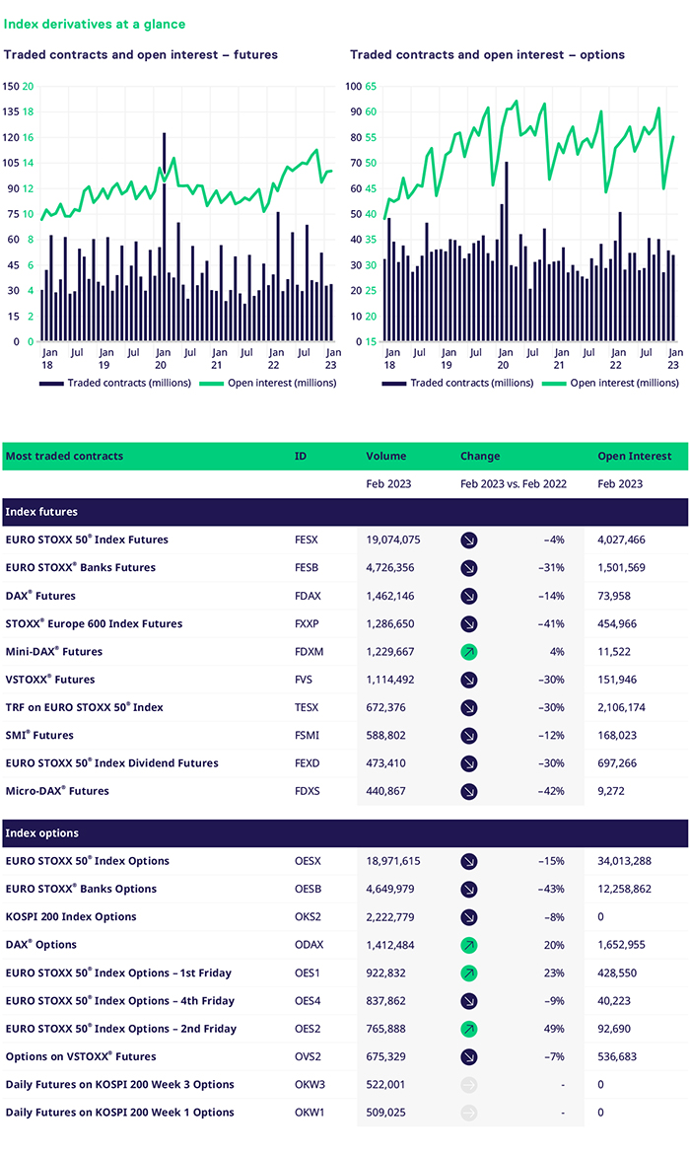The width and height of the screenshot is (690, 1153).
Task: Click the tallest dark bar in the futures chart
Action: coord(164,237)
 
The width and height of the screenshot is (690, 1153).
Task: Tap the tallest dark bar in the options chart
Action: coord(507,252)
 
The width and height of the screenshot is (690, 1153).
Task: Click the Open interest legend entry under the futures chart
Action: coord(268,383)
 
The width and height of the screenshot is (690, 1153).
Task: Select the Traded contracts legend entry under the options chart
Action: coord(457,383)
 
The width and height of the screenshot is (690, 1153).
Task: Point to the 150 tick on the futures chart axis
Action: coord(11,86)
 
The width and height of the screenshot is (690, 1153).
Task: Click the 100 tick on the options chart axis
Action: coord(354,86)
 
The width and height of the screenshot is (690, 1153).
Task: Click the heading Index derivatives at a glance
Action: coord(95,25)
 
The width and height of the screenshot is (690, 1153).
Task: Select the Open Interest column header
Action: coord(634,456)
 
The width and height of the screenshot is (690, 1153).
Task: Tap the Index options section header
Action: coord(41,833)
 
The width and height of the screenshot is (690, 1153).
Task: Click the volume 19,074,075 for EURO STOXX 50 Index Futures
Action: coord(393,540)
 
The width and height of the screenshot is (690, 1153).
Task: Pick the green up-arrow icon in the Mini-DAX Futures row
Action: coord(469,652)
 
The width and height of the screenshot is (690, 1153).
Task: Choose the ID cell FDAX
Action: coord(308,596)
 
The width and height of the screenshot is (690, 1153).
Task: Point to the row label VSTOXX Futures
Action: coord(50,680)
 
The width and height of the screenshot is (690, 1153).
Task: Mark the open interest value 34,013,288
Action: coord(625,861)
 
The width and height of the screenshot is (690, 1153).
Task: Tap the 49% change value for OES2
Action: coord(554,1029)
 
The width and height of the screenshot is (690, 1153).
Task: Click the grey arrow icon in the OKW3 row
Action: coord(469,1085)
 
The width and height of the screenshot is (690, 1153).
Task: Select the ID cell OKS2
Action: coord(308,917)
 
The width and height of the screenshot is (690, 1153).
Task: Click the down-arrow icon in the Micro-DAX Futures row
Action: coord(469,791)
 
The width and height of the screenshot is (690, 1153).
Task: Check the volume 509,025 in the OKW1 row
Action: coord(385,1113)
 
